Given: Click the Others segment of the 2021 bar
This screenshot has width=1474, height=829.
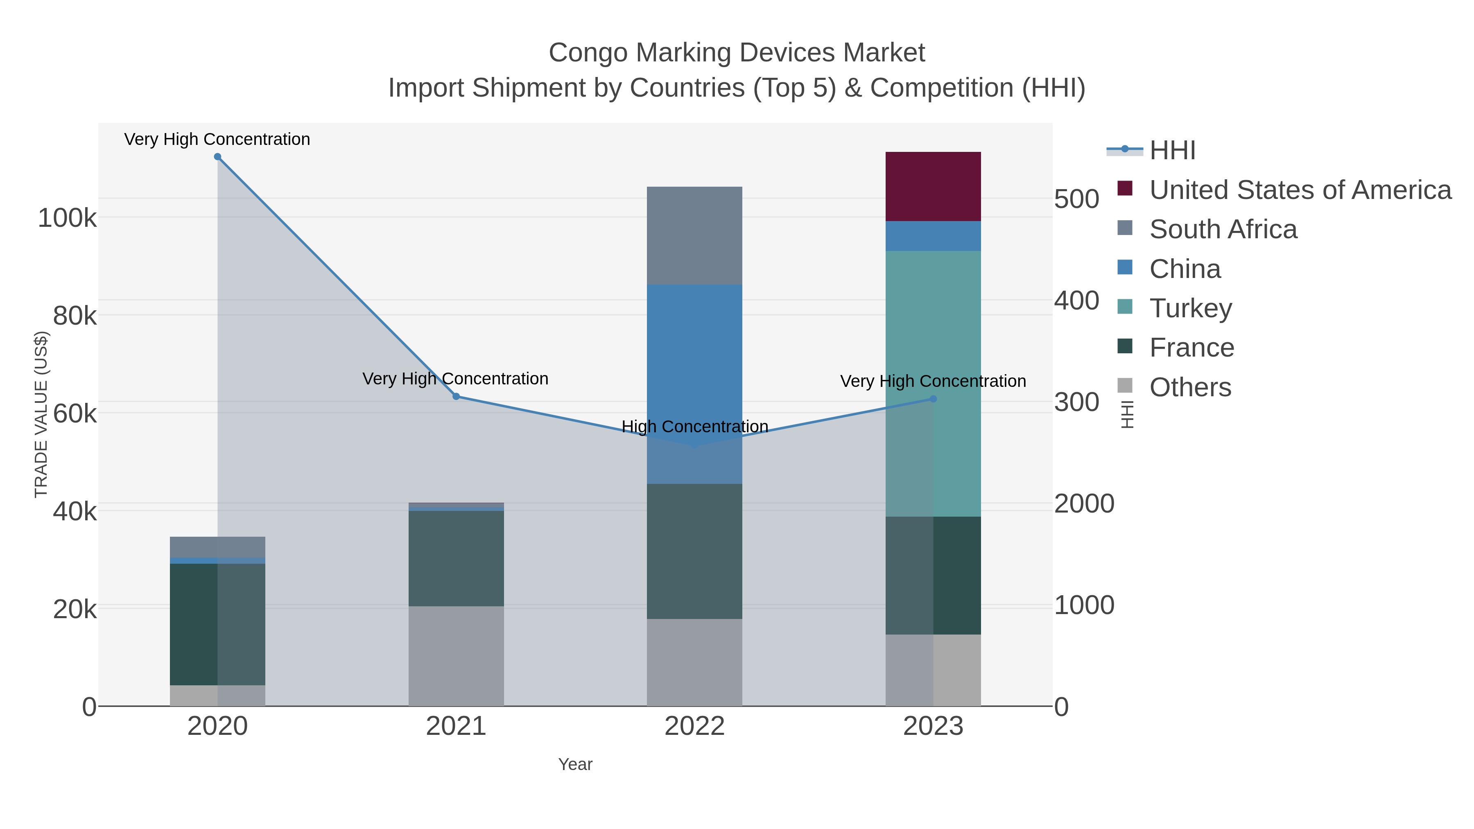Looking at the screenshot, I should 456,656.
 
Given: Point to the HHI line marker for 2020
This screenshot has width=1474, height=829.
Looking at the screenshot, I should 217,157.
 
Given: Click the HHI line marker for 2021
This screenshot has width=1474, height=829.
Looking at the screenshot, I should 456,396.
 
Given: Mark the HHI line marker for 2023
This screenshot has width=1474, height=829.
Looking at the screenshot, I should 933,399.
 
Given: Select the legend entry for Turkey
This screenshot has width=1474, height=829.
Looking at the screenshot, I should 1190,308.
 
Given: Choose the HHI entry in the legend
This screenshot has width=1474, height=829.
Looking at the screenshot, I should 1172,151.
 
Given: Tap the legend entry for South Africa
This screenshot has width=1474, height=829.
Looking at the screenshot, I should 1223,229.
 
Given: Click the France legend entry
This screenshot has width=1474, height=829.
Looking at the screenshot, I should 1191,348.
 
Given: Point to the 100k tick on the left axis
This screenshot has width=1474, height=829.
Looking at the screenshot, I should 67,218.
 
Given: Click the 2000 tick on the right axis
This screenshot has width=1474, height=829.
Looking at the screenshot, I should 1084,504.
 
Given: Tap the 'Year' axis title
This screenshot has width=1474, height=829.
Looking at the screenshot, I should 575,764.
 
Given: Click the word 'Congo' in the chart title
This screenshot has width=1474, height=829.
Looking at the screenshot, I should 588,53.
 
